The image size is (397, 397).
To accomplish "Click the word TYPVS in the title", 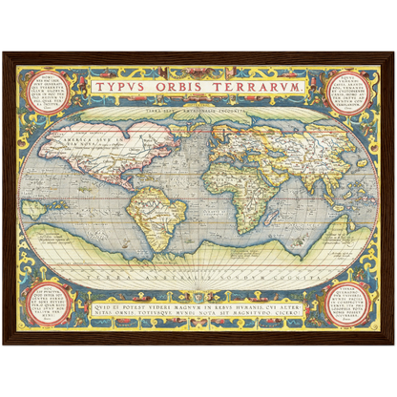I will [121, 86].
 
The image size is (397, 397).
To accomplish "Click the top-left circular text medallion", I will [42, 92].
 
